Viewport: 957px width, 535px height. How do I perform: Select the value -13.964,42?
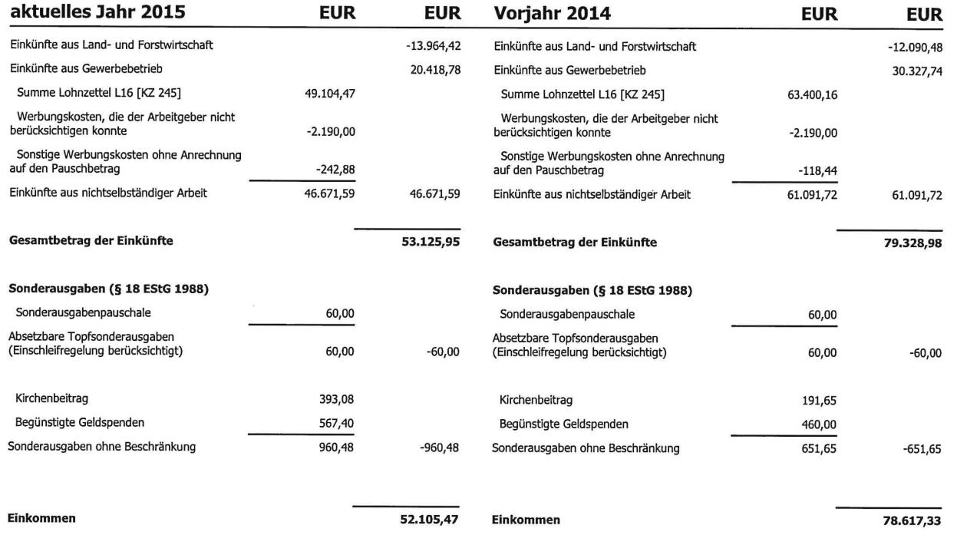tap(432, 46)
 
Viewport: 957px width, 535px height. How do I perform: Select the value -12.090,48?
tap(914, 46)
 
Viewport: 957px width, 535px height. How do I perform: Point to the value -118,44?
tap(816, 168)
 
